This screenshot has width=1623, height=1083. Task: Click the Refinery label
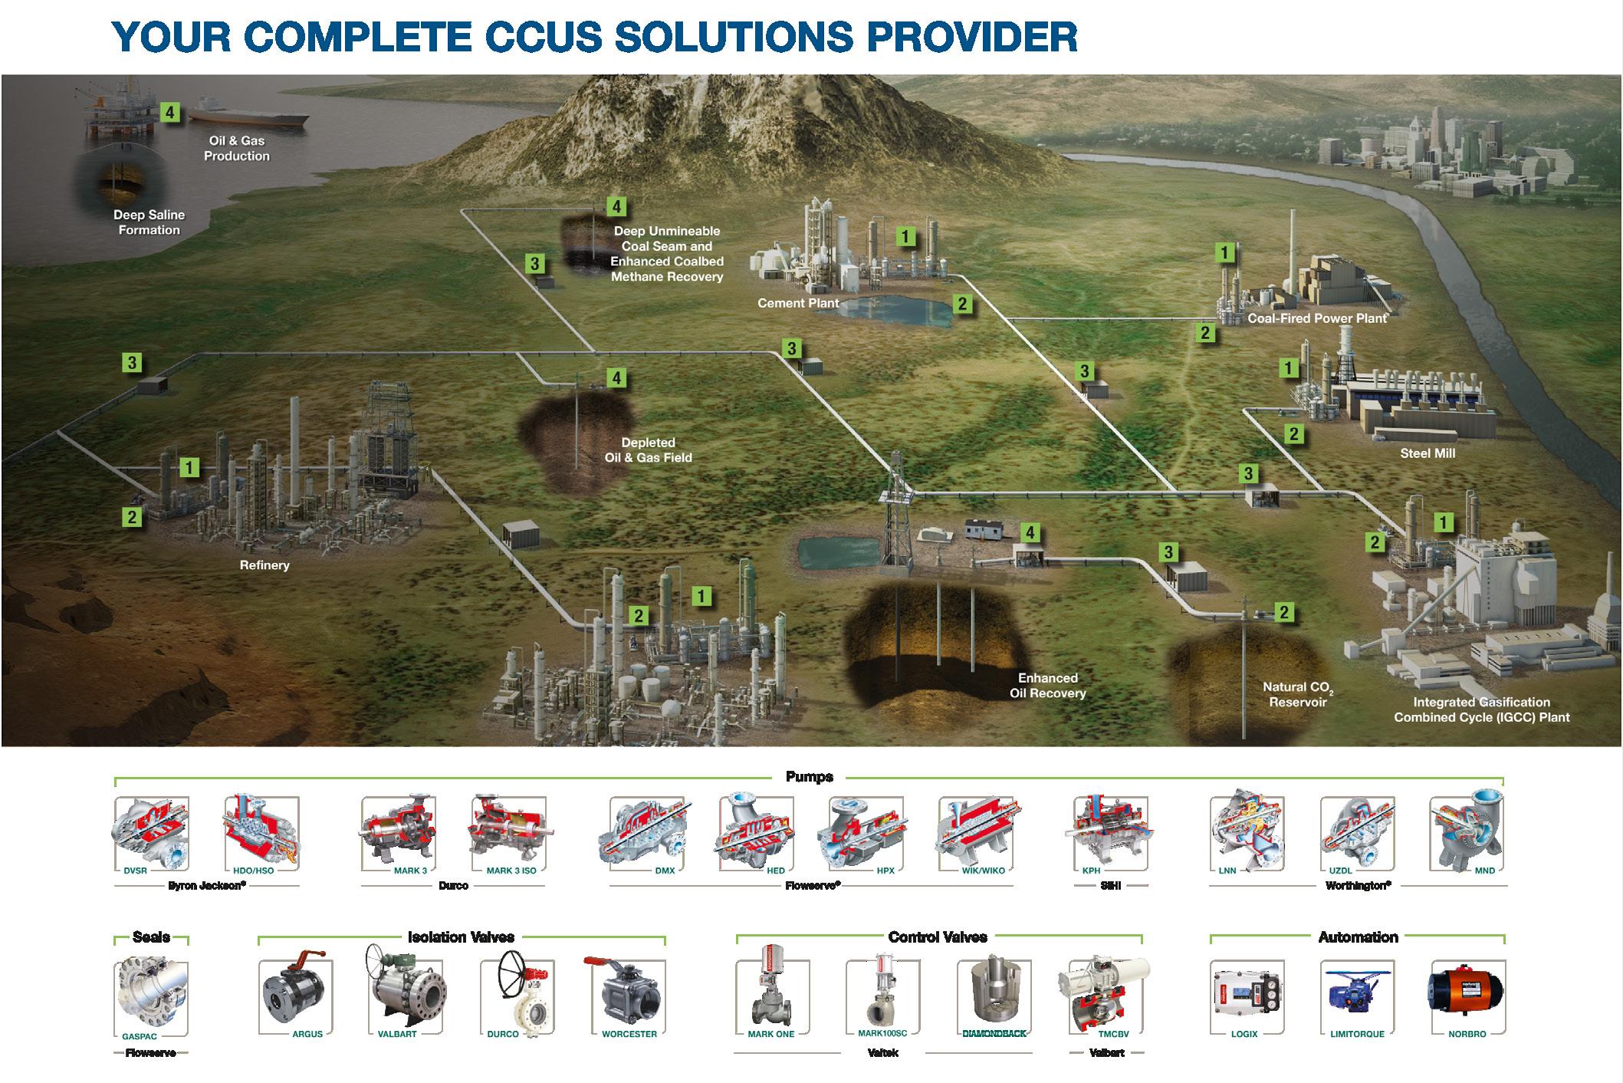coord(264,565)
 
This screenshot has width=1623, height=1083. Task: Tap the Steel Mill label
coord(1427,453)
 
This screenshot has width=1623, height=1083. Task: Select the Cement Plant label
coord(797,303)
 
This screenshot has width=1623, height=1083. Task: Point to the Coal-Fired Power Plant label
coord(1317,318)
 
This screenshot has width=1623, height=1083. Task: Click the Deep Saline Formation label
coord(149,222)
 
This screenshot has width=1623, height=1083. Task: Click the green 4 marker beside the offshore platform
coord(169,113)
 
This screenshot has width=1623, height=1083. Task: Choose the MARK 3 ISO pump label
coord(511,871)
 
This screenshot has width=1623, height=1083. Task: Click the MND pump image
coord(1466,832)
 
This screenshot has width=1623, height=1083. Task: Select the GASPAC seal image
coord(151,995)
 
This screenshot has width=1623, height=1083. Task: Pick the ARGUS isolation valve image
coord(295,993)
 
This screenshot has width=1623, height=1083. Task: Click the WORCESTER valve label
coord(629,1034)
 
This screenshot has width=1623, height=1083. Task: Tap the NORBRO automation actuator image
coord(1466,993)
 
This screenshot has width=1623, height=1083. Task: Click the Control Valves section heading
coord(938,937)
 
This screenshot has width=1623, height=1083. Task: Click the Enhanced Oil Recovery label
coord(1047,686)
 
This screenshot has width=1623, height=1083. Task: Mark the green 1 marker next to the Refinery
coord(189,466)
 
